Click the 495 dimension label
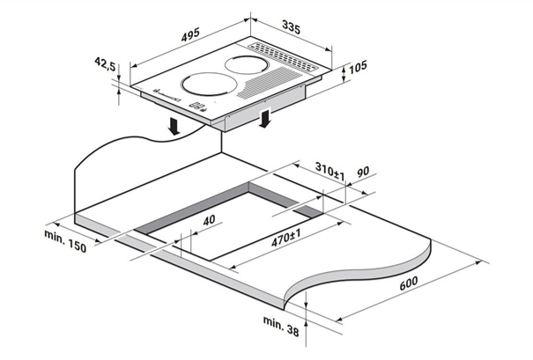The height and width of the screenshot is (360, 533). pos(190,34)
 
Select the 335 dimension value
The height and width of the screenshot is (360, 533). pos(292,27)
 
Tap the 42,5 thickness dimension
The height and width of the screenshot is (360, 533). pos(105,63)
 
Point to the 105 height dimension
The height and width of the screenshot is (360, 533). pos(358,67)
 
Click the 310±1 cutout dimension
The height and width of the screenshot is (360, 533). pos(329,171)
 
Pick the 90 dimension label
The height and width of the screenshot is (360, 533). pos(363,172)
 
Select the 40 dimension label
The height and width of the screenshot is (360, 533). pos(209,220)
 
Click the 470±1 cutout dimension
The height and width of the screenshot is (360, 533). pos(286,238)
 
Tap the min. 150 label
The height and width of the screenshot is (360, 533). pos(65,241)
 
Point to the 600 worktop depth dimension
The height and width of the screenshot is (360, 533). pos(408,283)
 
